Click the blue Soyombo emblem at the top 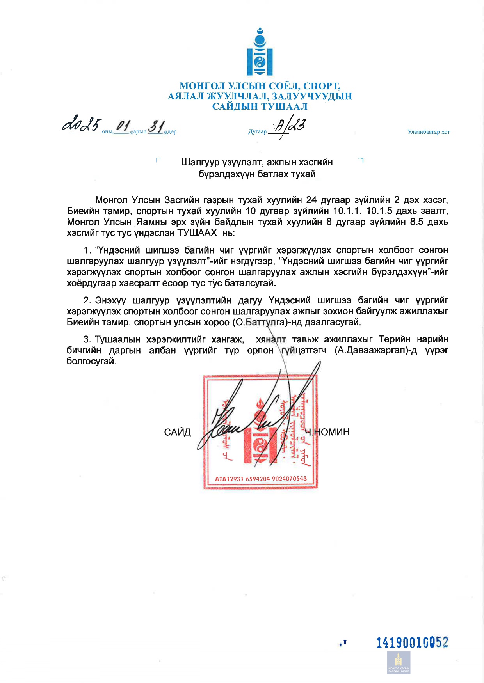point(260,52)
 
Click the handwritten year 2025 point(82,124)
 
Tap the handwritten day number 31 point(156,126)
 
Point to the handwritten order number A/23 point(289,126)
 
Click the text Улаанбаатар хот point(429,132)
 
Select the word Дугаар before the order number point(257,132)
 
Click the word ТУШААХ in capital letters point(197,233)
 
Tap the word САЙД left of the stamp point(177,432)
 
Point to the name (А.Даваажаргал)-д point(375,350)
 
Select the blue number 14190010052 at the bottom point(412,642)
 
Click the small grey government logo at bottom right point(399,663)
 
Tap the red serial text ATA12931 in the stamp point(229,479)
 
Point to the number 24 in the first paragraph point(311,200)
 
